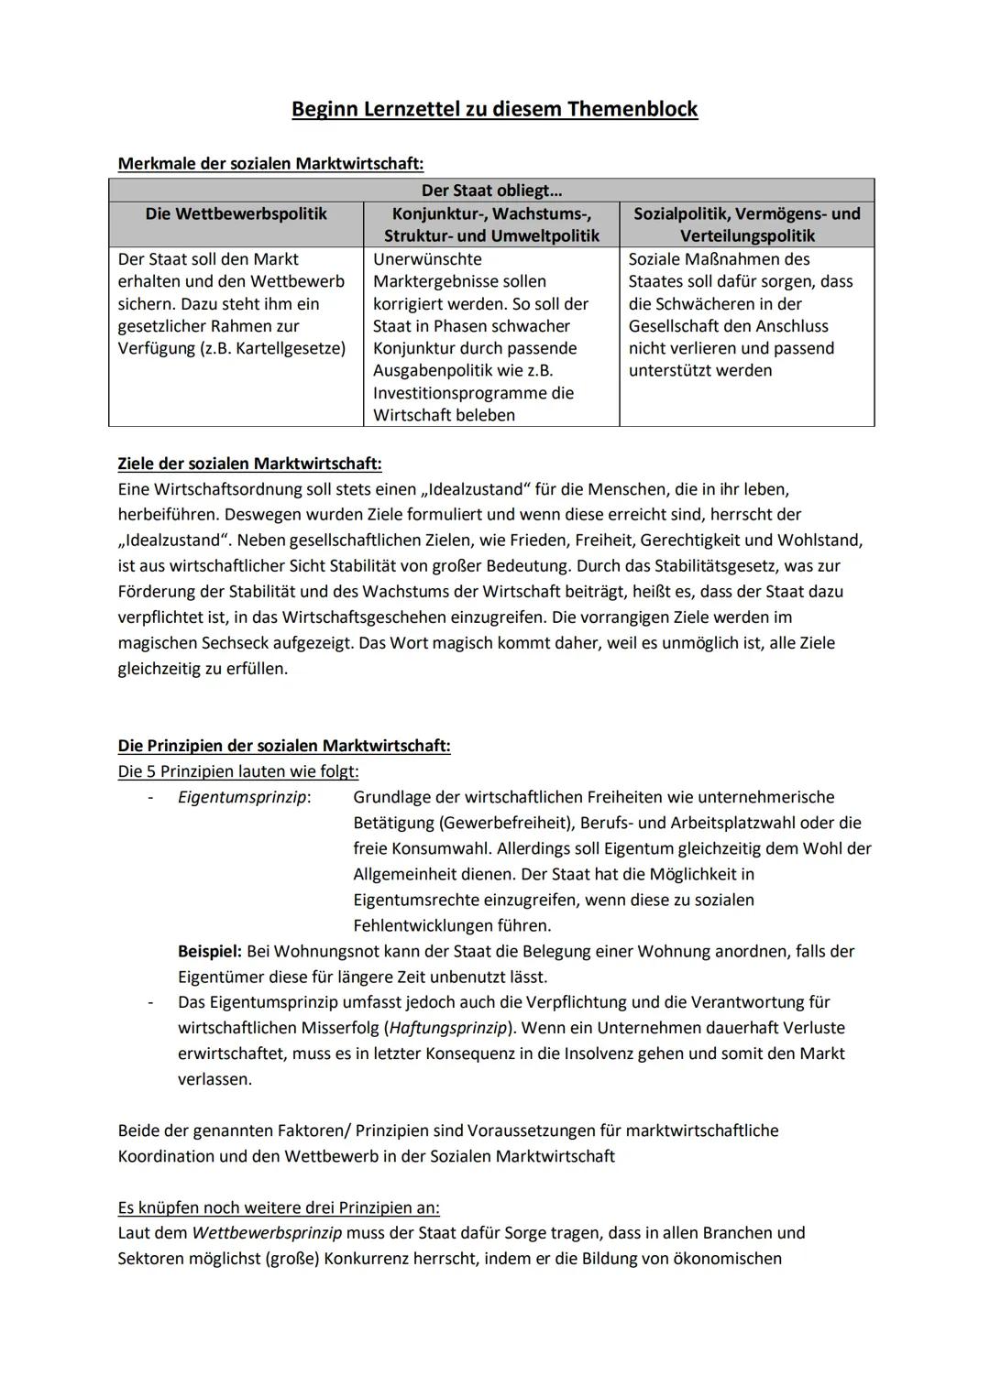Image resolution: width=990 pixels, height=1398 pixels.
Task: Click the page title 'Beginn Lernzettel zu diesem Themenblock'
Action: point(494,109)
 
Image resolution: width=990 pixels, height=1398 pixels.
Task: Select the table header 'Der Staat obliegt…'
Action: point(491,191)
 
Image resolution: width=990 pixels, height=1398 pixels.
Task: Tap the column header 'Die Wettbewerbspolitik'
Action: point(236,213)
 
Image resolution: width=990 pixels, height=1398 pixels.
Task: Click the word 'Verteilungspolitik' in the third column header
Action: point(747,235)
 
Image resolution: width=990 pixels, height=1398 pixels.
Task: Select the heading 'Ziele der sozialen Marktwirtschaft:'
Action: point(249,464)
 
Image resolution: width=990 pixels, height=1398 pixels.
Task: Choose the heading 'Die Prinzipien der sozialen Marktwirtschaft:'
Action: point(284,746)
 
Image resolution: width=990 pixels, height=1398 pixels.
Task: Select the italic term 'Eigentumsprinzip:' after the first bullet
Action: point(244,797)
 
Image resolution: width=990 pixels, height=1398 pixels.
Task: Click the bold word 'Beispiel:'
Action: point(210,951)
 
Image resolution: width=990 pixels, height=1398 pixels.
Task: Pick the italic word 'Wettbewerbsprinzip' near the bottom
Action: point(267,1233)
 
